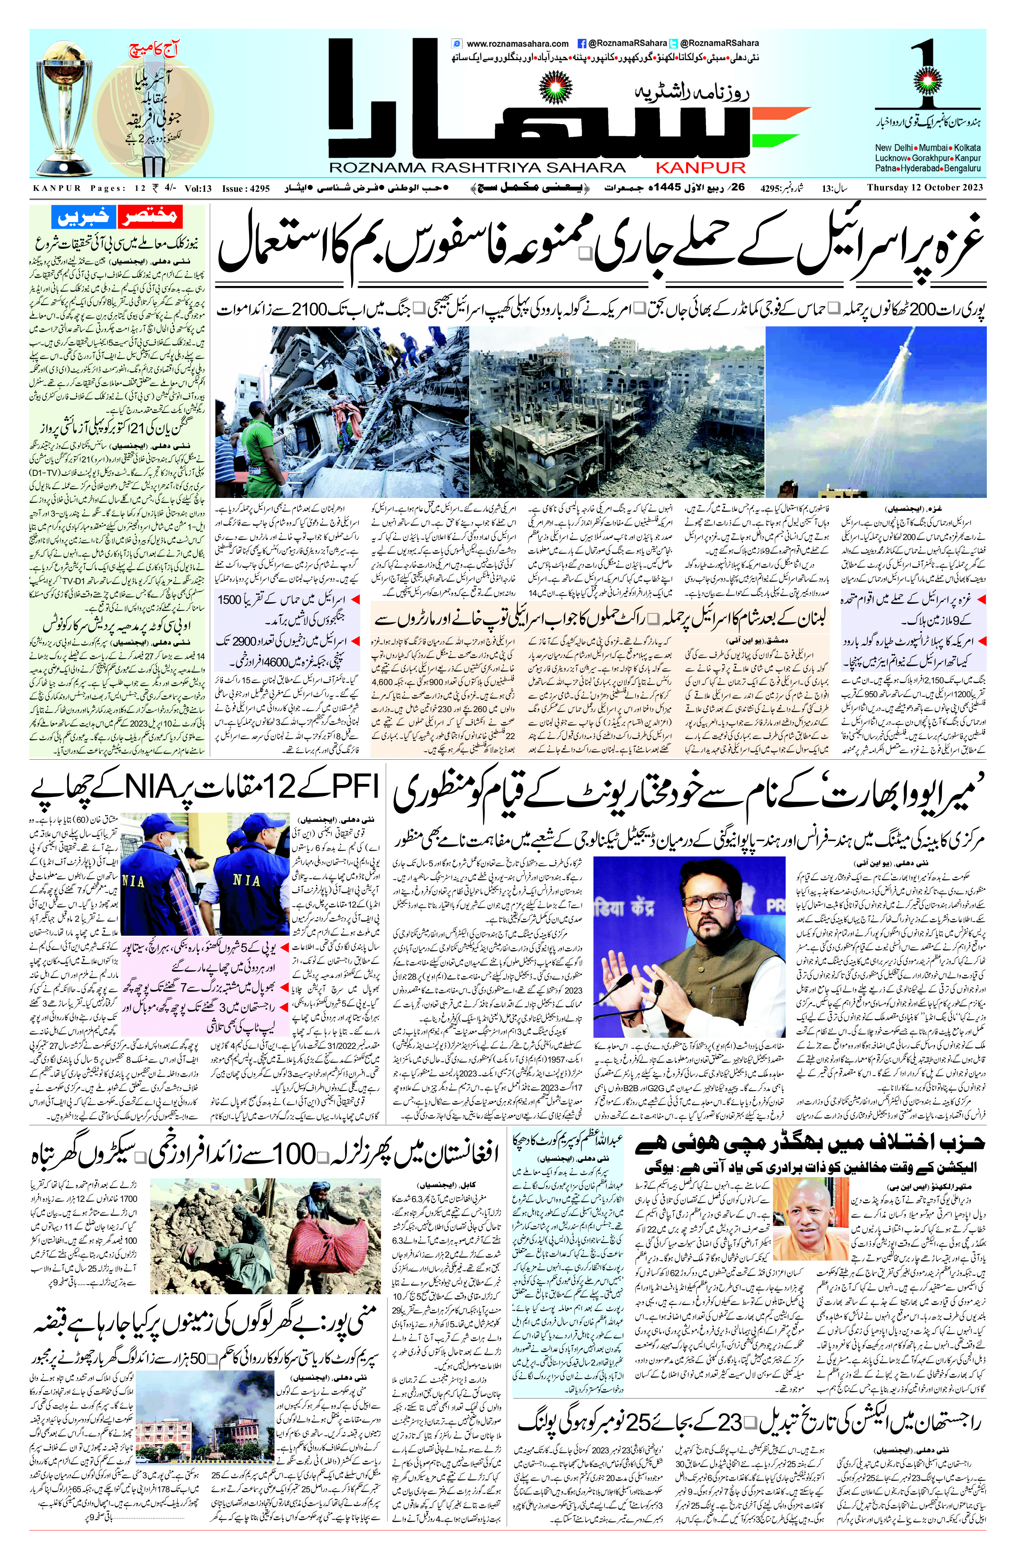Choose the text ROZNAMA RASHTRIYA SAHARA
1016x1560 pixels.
tap(477, 168)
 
